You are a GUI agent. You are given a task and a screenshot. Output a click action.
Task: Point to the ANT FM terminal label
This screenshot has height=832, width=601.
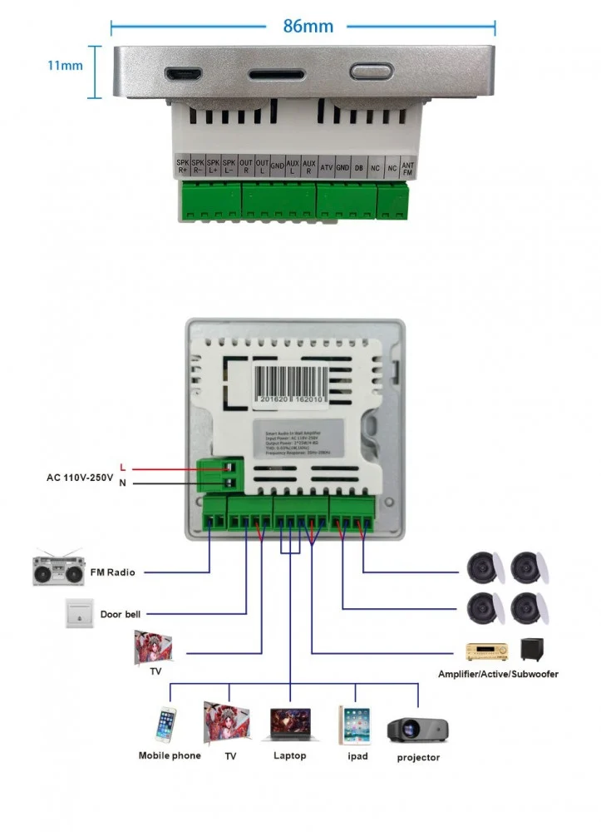coord(407,167)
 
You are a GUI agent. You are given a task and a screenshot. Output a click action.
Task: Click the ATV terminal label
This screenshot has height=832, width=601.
coord(327,167)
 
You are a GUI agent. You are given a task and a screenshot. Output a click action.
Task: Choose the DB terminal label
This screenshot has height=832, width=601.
coord(359,167)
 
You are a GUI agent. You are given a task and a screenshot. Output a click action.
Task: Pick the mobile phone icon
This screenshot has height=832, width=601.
coord(166,724)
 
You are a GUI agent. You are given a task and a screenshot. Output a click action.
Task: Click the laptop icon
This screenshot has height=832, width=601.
coord(290,725)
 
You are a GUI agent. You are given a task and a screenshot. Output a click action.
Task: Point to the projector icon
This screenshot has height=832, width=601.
coord(417,729)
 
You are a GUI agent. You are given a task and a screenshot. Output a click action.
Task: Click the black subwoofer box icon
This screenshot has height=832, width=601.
coord(532,650)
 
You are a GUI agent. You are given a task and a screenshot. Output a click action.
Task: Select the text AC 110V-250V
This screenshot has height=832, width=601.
coord(79,478)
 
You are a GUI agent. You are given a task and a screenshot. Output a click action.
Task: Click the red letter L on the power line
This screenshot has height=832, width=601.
coord(123,468)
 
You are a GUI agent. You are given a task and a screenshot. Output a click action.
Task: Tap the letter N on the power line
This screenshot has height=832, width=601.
coord(123,483)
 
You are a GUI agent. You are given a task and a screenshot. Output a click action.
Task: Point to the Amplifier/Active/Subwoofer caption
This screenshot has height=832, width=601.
coord(498,674)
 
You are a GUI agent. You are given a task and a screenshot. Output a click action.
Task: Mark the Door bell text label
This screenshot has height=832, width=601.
coord(121,615)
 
